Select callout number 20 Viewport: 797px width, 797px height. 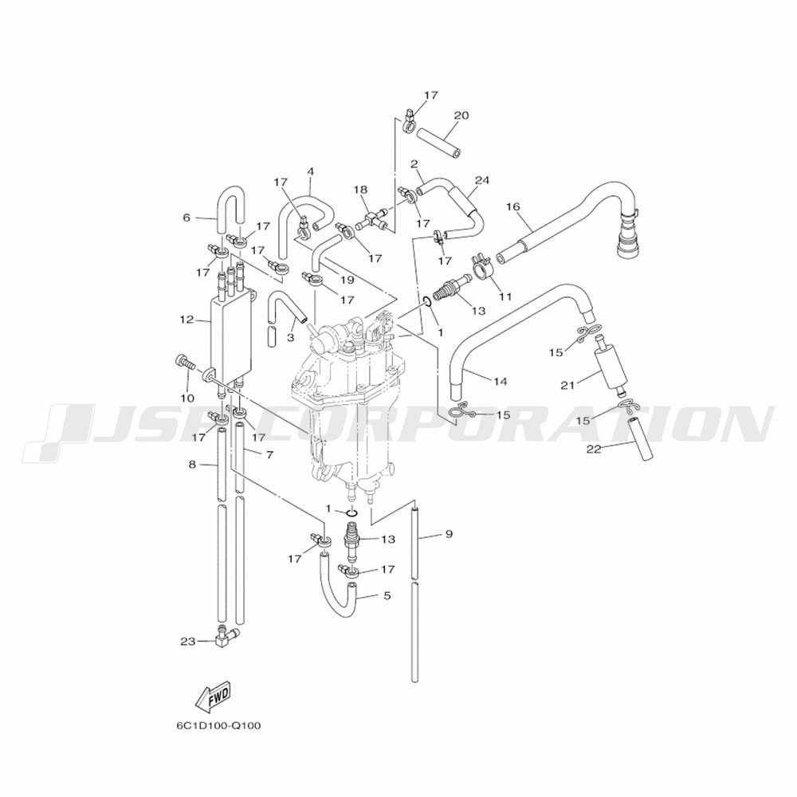point(461,116)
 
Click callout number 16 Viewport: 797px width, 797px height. point(513,206)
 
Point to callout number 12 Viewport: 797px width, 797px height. point(186,320)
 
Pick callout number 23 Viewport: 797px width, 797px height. point(187,642)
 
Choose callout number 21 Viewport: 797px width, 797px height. point(567,386)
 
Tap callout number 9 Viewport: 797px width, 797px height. point(448,534)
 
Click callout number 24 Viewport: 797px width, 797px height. point(482,180)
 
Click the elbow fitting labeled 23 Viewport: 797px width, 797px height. point(226,635)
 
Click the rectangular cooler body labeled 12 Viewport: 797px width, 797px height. point(231,336)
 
